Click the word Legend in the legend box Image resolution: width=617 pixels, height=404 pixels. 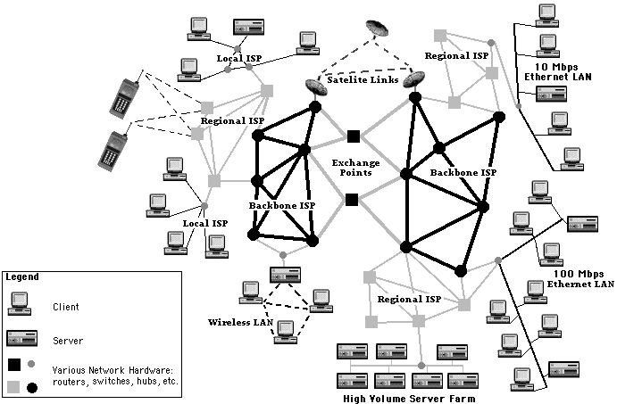[x=22, y=276]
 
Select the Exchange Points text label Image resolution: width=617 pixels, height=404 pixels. [x=355, y=169]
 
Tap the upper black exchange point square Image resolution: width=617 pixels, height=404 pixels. [x=354, y=136]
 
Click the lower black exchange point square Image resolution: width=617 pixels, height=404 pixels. [x=352, y=199]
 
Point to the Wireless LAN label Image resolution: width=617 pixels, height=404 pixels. [x=236, y=321]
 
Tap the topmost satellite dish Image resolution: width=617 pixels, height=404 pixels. [x=379, y=29]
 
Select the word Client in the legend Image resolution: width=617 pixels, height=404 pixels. [x=65, y=307]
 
